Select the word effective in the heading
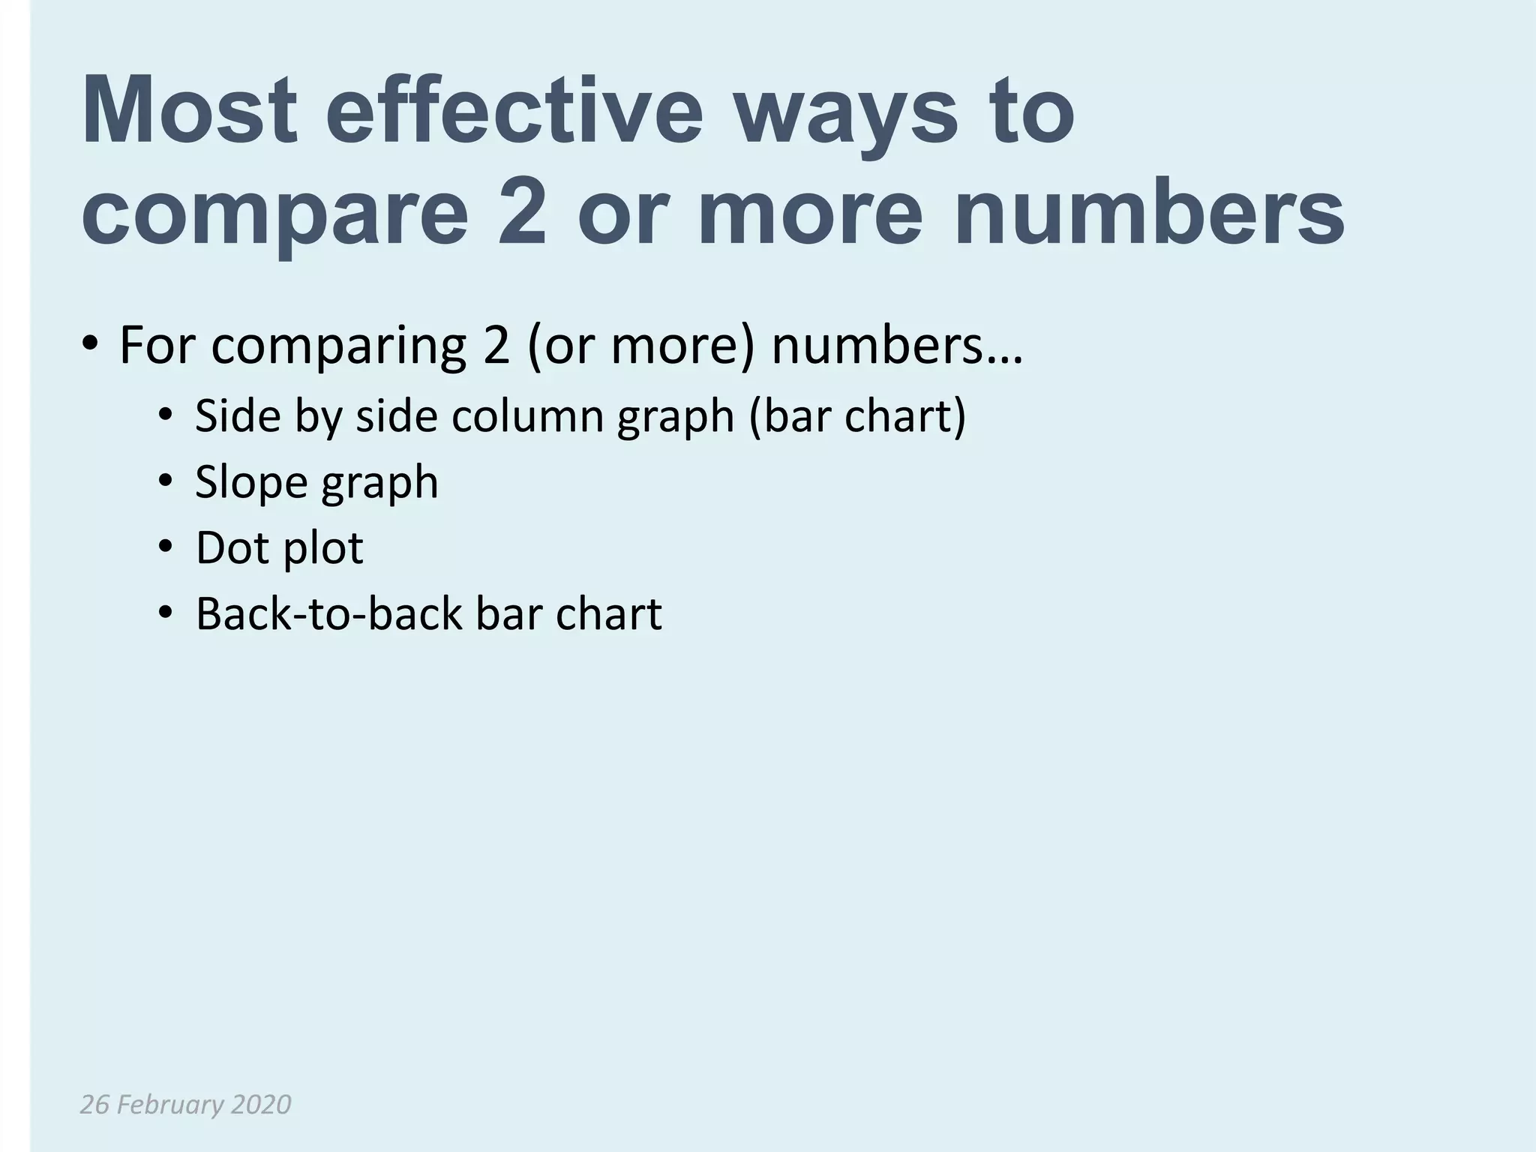click(x=514, y=110)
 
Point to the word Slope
click(x=251, y=481)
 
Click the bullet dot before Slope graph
click(x=166, y=481)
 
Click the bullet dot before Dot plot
click(x=166, y=547)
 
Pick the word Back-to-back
click(x=328, y=613)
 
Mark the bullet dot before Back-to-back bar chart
click(x=166, y=613)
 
